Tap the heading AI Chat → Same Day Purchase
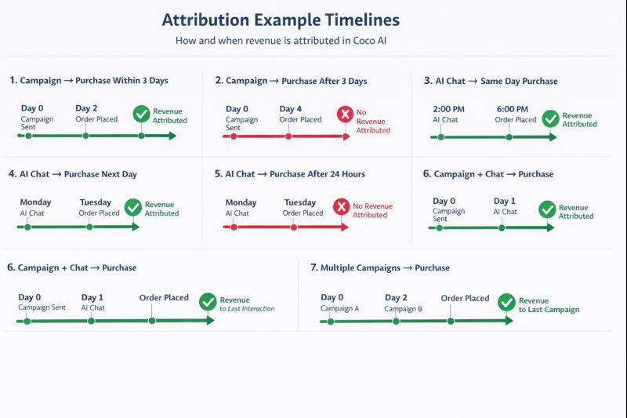tap(491, 81)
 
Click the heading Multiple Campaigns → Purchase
tap(380, 267)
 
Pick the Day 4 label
tap(291, 109)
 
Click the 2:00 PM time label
tap(448, 109)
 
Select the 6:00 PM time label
tap(512, 109)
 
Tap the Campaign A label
tap(339, 308)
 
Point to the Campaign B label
tap(403, 308)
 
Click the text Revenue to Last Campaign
tap(549, 305)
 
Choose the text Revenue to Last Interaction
tap(247, 304)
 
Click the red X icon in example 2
tap(344, 115)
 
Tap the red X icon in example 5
tap(341, 207)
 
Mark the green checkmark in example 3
tap(550, 118)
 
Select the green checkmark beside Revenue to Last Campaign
tap(506, 302)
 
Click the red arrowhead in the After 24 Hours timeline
tap(345, 227)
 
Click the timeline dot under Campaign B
tap(395, 320)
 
